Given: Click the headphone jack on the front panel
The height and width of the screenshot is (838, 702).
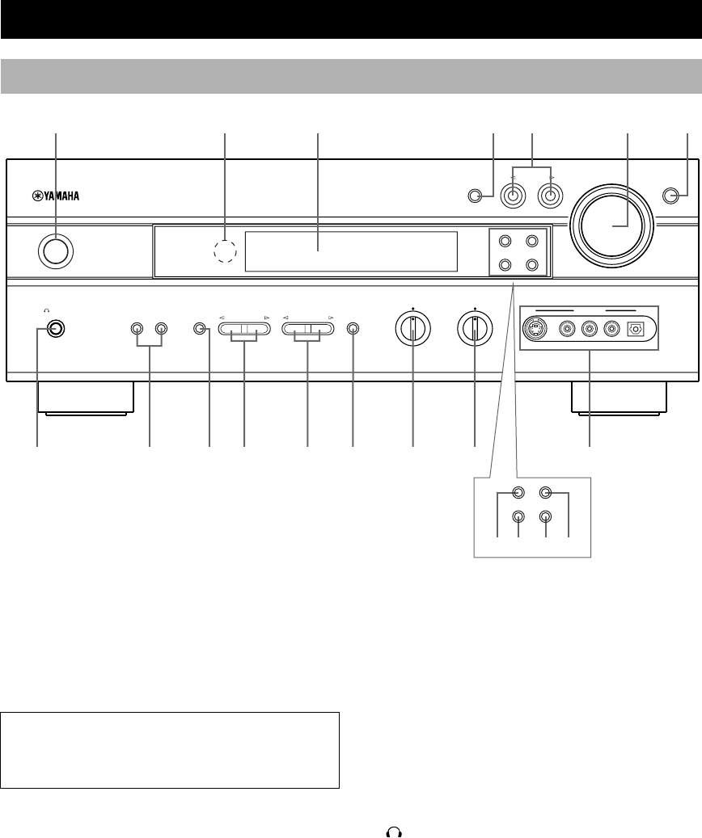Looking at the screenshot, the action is tap(54, 329).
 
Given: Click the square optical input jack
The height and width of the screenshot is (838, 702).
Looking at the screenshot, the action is tap(634, 329).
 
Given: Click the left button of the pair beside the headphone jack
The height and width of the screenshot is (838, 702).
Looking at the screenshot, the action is tap(137, 329).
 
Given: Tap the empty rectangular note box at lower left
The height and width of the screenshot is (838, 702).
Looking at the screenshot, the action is tap(170, 749).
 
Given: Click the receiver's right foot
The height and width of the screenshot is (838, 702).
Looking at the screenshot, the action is tap(619, 398).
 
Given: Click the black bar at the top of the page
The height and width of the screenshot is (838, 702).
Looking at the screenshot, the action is tap(351, 19).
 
